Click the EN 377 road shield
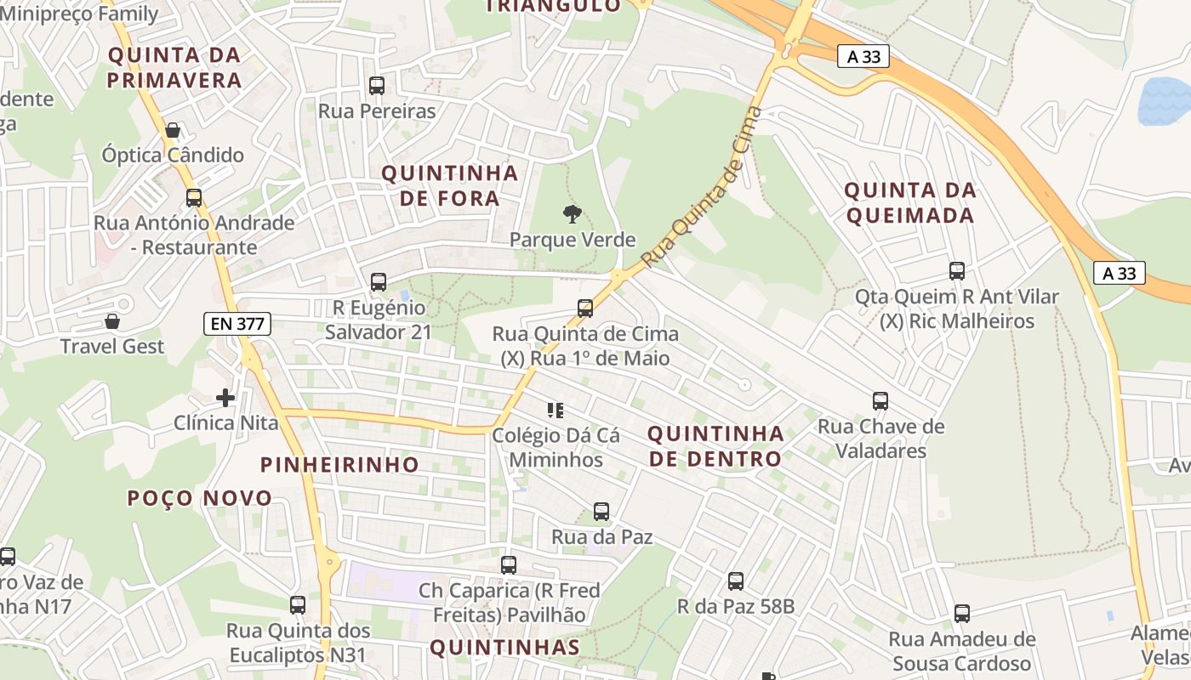pyautogui.click(x=237, y=323)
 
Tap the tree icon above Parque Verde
pyautogui.click(x=573, y=214)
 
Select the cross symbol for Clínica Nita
pyautogui.click(x=225, y=397)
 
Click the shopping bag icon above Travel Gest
pyautogui.click(x=111, y=321)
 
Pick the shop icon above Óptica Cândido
pyautogui.click(x=173, y=130)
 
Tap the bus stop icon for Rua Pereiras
pyautogui.click(x=377, y=86)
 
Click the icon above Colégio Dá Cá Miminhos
pyautogui.click(x=556, y=411)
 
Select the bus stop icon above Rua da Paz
pyautogui.click(x=601, y=512)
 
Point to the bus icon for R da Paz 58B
pyautogui.click(x=736, y=581)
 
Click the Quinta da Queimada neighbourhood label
pyautogui.click(x=909, y=202)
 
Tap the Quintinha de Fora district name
pyautogui.click(x=449, y=185)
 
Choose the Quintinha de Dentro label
pyautogui.click(x=715, y=446)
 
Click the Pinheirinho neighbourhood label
pyautogui.click(x=339, y=465)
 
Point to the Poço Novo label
pyautogui.click(x=200, y=498)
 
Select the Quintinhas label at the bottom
pyautogui.click(x=504, y=648)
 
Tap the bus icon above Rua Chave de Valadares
pyautogui.click(x=880, y=401)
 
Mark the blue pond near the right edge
pyautogui.click(x=1165, y=100)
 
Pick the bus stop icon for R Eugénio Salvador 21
pyautogui.click(x=379, y=282)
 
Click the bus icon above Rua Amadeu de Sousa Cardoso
pyautogui.click(x=962, y=614)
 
